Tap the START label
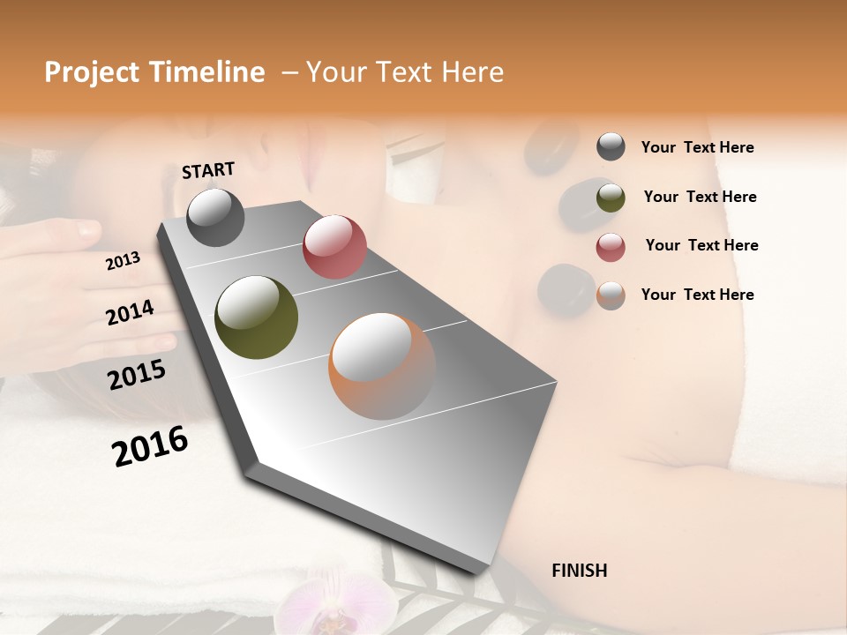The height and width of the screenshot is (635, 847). click(x=208, y=170)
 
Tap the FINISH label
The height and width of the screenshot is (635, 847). click(x=579, y=571)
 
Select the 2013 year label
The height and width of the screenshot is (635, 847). click(x=123, y=261)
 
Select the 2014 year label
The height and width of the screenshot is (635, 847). click(x=130, y=313)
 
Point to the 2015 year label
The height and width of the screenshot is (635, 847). click(x=137, y=375)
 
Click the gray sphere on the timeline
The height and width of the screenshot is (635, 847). click(x=215, y=217)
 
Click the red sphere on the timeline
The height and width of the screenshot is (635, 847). click(x=334, y=247)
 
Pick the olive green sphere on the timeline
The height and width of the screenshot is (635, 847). click(x=256, y=317)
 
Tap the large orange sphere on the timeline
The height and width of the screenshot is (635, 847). click(x=382, y=366)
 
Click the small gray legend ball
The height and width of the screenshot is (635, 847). click(x=611, y=147)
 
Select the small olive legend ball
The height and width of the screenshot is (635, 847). click(x=611, y=198)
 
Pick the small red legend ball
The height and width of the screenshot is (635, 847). click(x=611, y=247)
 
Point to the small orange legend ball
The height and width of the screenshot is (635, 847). click(x=611, y=295)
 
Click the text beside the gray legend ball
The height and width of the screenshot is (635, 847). click(x=697, y=148)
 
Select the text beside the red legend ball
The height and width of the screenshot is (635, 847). click(x=701, y=245)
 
